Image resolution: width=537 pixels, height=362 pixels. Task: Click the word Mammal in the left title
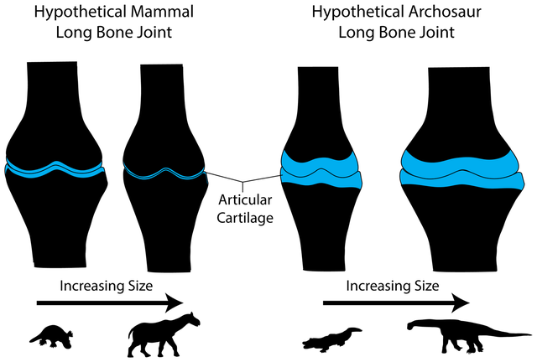159,12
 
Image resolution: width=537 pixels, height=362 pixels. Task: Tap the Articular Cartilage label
245,209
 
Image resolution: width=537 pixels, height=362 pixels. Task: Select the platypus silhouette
52,336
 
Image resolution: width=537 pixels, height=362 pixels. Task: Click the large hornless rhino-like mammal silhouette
164,334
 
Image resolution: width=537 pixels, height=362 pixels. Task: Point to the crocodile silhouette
331,339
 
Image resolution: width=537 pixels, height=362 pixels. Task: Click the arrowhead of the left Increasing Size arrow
174,303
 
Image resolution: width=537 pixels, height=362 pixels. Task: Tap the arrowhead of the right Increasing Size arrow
460,303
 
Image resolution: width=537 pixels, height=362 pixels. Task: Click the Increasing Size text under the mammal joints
107,286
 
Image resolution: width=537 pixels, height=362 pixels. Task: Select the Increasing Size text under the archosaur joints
393,286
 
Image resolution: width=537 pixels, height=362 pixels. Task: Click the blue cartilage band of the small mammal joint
54,169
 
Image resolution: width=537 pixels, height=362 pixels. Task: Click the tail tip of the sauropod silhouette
531,334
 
